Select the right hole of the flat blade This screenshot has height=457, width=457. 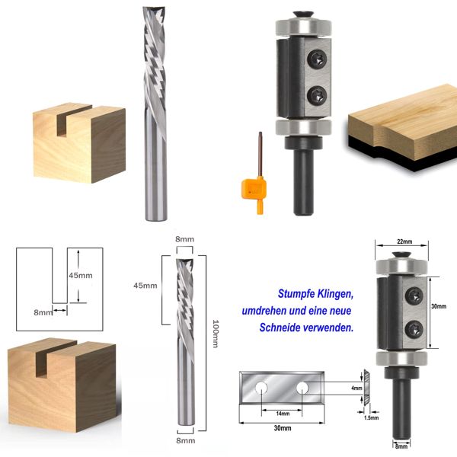pos(303,388)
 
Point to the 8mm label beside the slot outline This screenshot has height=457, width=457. pos(43,312)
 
